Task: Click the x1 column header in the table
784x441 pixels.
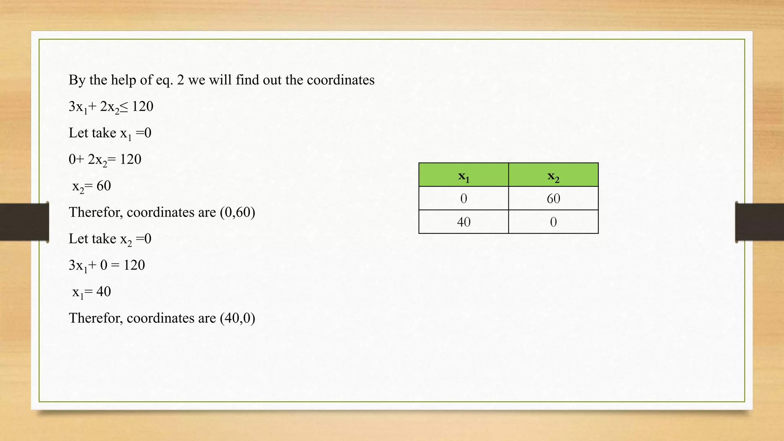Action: [464, 176]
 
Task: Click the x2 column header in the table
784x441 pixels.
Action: [553, 176]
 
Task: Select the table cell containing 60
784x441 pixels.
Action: [553, 198]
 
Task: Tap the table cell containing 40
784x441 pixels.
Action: [464, 222]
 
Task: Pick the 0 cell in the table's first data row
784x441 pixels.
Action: [464, 198]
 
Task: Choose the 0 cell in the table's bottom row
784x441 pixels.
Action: [553, 222]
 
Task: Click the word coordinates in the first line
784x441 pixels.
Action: [340, 80]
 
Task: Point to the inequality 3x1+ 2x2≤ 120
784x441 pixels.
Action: [111, 106]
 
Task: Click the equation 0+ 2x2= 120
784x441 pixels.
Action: [105, 159]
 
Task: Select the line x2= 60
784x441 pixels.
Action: [91, 186]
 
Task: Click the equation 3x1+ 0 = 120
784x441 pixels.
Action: [107, 265]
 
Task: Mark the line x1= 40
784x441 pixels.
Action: [91, 292]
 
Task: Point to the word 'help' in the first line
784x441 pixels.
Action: [123, 80]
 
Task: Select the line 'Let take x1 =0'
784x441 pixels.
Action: [110, 133]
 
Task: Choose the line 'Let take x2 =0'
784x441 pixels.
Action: [110, 239]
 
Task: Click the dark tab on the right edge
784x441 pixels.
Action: [759, 222]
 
